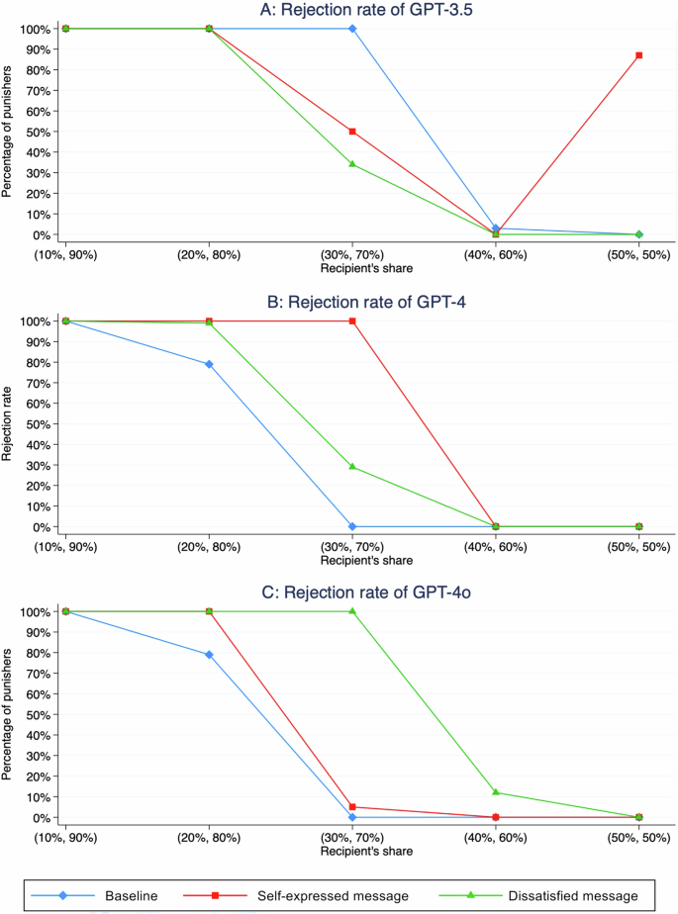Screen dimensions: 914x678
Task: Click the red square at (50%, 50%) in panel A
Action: (x=639, y=55)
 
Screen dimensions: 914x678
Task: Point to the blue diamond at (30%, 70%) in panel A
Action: (x=352, y=29)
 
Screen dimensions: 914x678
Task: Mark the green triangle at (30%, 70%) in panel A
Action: (x=352, y=164)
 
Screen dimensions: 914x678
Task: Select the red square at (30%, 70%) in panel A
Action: (x=352, y=132)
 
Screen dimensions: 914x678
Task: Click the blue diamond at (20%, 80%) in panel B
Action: (x=209, y=364)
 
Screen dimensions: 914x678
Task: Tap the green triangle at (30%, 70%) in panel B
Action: (x=352, y=466)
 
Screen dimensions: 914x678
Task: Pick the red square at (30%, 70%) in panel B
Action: (x=352, y=320)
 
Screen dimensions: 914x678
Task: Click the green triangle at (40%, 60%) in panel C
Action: (x=496, y=792)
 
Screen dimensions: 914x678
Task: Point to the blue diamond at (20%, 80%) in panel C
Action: (x=209, y=655)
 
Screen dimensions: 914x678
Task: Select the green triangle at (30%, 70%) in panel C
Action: (x=352, y=611)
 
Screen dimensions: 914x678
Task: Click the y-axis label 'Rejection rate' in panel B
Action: (x=9, y=423)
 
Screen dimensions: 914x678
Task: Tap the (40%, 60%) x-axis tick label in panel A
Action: (x=496, y=255)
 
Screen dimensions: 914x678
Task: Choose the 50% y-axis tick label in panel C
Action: (x=38, y=714)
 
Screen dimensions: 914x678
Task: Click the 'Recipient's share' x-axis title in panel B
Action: (x=352, y=560)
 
